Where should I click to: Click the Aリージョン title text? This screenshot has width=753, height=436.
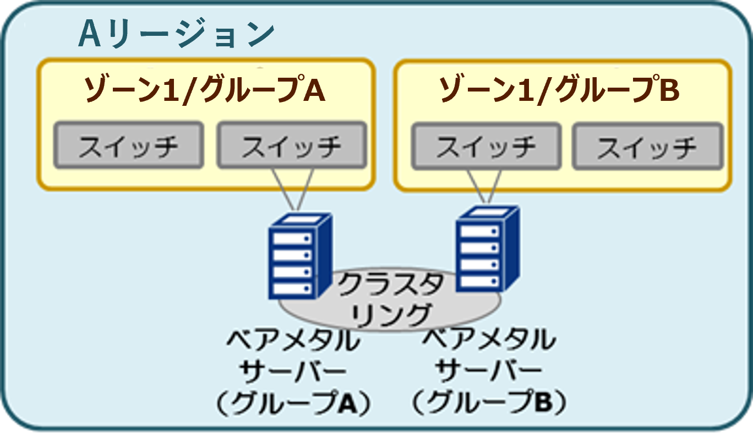[176, 34]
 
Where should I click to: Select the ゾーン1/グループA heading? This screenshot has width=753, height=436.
[204, 91]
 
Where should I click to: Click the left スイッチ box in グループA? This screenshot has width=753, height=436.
[128, 145]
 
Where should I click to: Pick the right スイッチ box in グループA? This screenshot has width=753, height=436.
[292, 145]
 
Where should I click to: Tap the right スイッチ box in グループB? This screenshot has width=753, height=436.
[647, 146]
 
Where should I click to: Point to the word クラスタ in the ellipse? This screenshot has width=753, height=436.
[391, 286]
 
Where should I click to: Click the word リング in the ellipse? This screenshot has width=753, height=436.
[391, 315]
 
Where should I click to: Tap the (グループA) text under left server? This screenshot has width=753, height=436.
[292, 405]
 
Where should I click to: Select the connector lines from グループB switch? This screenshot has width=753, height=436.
[484, 187]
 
